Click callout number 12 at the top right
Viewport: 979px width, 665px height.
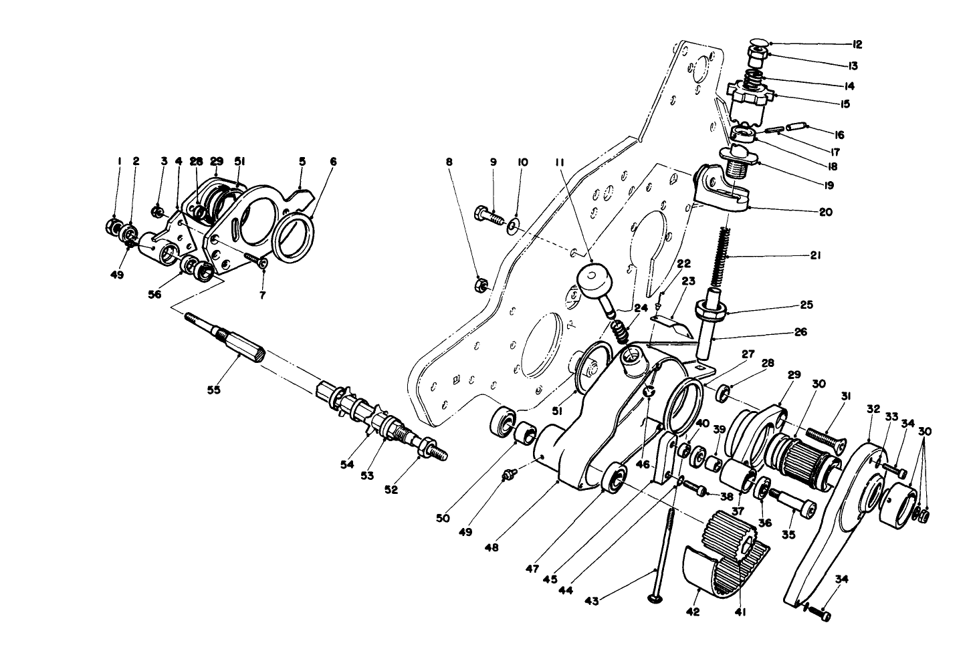pos(857,45)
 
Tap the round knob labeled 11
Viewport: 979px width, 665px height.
pos(592,279)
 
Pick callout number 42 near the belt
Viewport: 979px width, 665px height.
pos(693,611)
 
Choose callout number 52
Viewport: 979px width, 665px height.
pos(391,489)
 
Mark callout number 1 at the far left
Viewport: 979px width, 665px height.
pos(118,161)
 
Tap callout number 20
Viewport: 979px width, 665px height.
pos(825,213)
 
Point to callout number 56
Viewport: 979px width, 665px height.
pos(154,295)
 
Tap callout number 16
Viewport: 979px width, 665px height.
pos(839,135)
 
